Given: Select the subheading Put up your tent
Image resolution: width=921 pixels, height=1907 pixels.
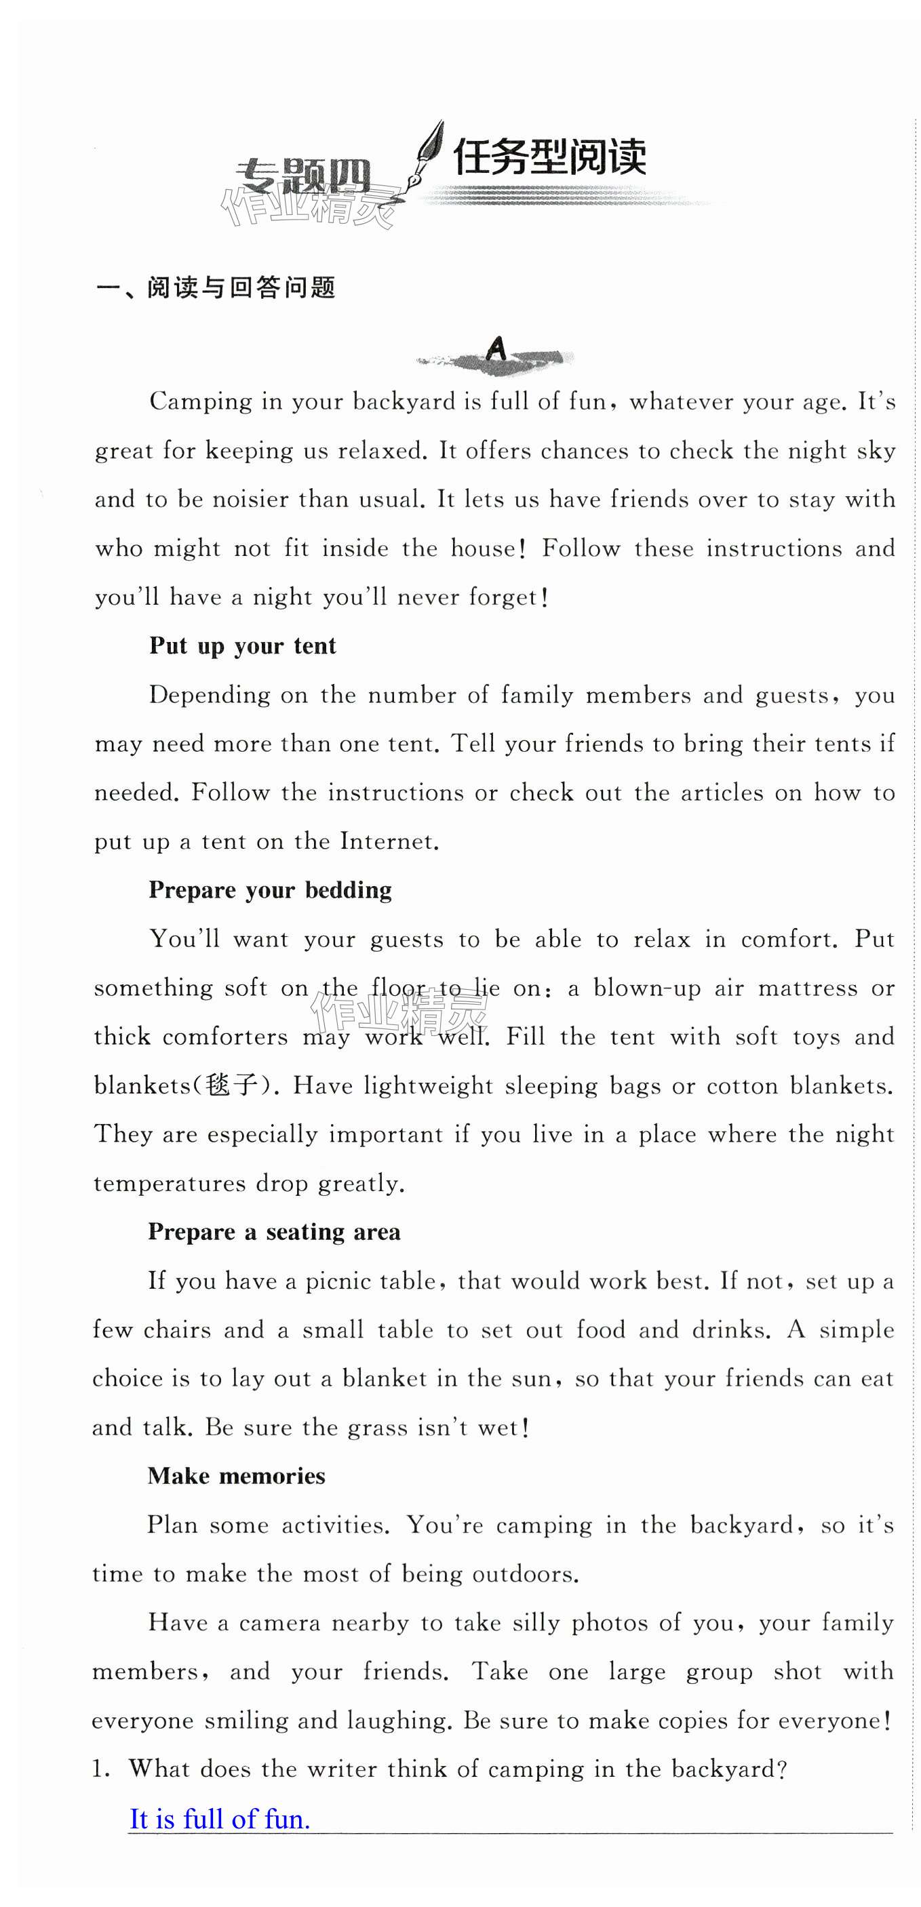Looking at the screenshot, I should click(x=242, y=645).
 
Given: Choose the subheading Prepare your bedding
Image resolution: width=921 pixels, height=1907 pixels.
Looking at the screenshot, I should click(x=269, y=890).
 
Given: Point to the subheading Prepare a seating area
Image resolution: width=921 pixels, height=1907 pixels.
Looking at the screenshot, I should click(x=274, y=1232).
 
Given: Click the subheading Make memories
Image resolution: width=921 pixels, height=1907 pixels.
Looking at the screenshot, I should click(x=236, y=1475).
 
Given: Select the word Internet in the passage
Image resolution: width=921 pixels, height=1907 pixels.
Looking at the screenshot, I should click(x=387, y=842).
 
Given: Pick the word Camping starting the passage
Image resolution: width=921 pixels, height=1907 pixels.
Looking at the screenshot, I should click(x=201, y=401).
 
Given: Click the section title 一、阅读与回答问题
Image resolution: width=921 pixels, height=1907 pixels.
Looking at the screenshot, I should click(x=216, y=287).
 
